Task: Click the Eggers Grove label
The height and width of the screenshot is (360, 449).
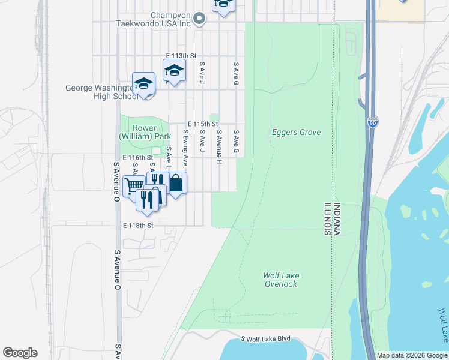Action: click(296, 133)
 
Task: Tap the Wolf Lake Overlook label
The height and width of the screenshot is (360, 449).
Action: click(280, 280)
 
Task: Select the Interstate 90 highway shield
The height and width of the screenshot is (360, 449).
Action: click(373, 122)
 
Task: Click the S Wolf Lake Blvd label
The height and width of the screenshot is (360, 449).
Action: click(265, 339)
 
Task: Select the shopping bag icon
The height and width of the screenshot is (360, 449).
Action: click(176, 183)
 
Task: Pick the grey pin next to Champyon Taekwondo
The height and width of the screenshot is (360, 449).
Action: click(202, 19)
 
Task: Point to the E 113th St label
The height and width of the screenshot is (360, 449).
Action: click(181, 56)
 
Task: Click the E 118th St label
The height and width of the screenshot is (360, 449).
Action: click(139, 226)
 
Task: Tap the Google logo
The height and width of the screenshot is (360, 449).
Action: click(20, 353)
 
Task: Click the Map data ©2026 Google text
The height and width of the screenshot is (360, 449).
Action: click(412, 355)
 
